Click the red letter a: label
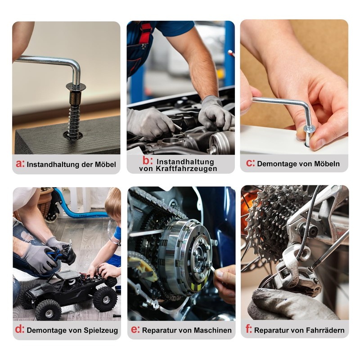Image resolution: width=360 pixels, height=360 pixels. coord(20,163)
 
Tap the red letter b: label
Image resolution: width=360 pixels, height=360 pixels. coord(148,161)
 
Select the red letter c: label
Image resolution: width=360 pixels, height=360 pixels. coord(250,163)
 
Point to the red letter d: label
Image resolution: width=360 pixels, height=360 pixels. coord(20,329)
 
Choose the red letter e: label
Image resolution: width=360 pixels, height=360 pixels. coord(135,329)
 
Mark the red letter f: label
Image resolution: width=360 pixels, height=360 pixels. coord(249,329)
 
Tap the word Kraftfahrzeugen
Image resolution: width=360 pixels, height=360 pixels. coord(186,168)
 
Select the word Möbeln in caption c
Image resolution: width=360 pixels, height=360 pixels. coord(327,164)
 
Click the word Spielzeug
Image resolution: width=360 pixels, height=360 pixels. coord(100,330)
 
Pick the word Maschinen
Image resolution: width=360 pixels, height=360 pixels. coord(212,330)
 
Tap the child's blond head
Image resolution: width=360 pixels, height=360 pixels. coord(113,204)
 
